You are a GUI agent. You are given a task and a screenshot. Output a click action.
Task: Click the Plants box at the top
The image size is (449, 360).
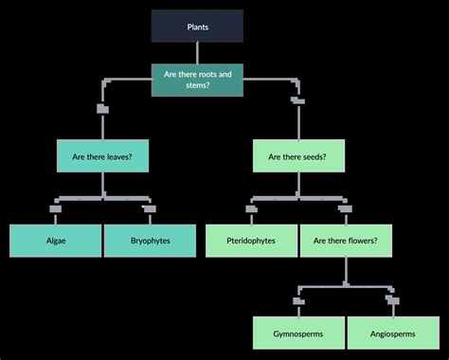(197, 27)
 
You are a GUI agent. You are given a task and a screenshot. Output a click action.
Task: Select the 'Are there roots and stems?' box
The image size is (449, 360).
(197, 80)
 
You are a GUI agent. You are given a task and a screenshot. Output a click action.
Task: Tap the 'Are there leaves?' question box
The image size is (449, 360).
(102, 155)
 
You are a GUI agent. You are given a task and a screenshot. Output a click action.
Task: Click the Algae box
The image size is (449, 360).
(55, 241)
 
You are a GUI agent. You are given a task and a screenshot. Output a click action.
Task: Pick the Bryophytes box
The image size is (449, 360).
(150, 241)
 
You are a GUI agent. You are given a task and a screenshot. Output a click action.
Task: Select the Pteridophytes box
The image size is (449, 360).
(252, 241)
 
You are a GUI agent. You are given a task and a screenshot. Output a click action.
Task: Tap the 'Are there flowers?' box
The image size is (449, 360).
(346, 241)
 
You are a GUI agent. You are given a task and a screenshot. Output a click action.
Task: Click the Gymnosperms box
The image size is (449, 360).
(299, 333)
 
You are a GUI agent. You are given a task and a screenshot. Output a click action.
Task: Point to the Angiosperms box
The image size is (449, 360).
(392, 333)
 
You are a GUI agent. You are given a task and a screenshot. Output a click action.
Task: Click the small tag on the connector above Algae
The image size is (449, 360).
(55, 208)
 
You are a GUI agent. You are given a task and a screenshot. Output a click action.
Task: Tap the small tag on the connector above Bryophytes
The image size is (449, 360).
(149, 208)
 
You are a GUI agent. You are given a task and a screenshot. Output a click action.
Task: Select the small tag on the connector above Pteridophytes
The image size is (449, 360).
(252, 208)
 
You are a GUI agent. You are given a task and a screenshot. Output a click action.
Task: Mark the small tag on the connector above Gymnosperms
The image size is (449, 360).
(299, 301)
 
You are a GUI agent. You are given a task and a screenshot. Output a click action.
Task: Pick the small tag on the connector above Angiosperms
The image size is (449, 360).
(391, 301)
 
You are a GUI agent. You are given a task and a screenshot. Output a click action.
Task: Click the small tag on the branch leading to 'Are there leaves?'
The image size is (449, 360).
(102, 109)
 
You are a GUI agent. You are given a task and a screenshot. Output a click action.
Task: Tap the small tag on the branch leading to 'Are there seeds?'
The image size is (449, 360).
(298, 99)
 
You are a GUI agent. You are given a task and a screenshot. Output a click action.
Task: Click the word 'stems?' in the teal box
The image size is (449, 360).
(197, 86)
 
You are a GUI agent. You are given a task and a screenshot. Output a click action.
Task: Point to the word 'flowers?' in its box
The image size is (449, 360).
(361, 241)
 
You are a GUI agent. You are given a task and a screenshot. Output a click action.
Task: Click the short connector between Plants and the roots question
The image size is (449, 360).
(197, 52)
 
